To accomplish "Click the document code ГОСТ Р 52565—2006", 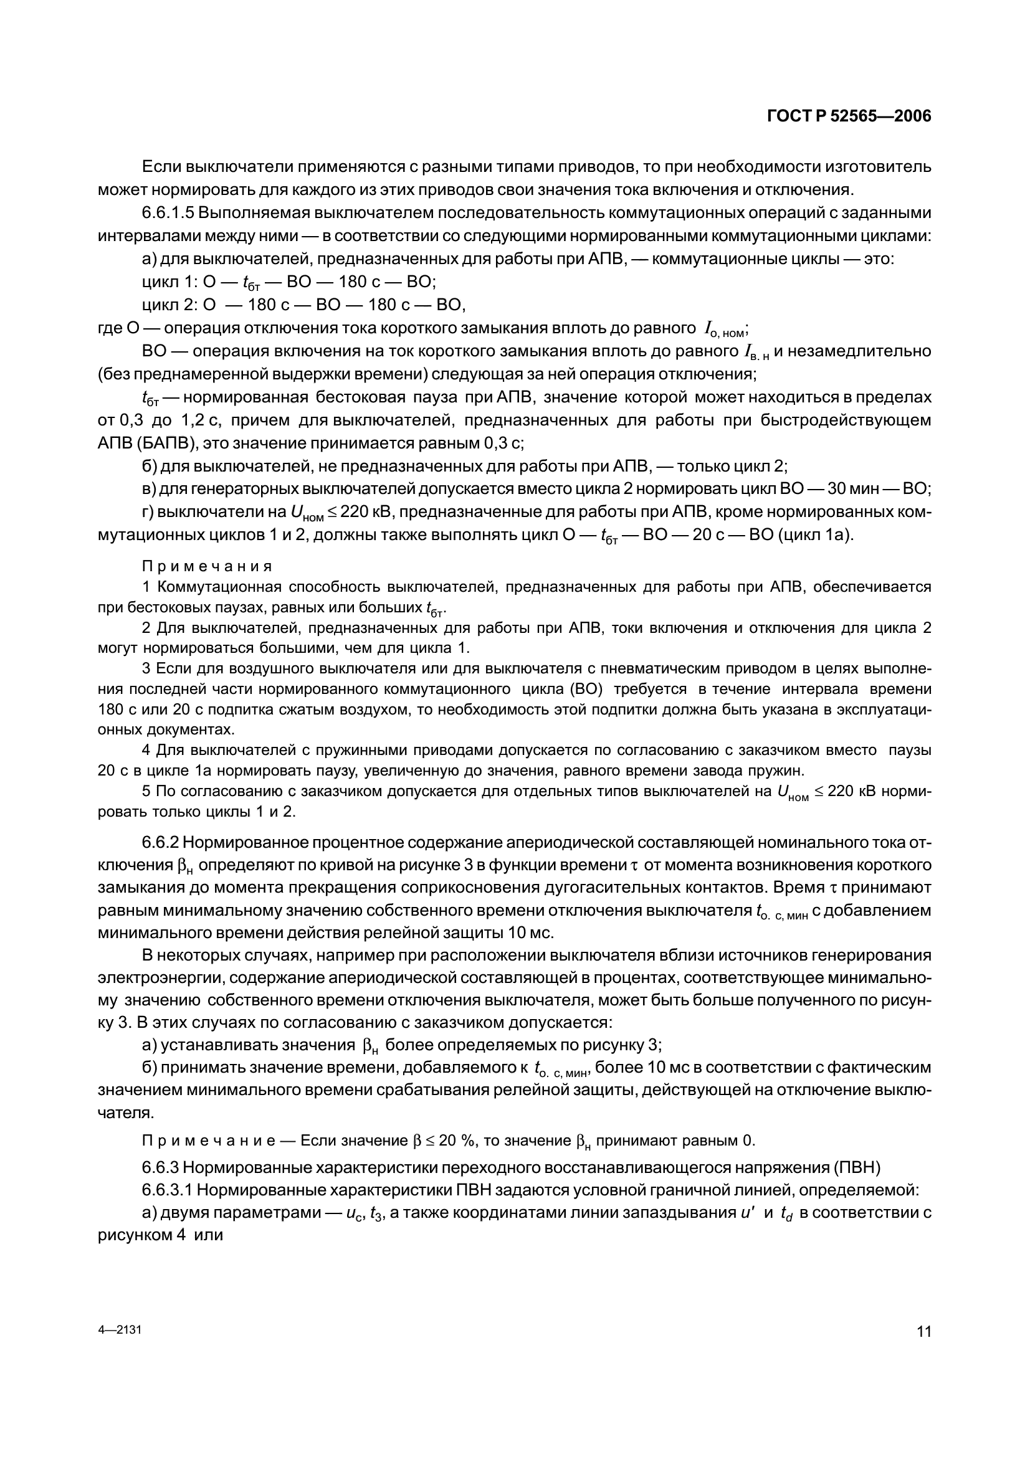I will pos(849,116).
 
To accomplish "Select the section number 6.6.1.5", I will pos(168,212).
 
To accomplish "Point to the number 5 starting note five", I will pos(146,791).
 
